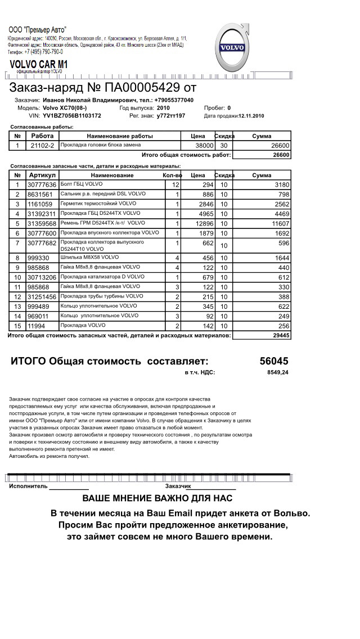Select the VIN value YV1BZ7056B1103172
click(x=72, y=115)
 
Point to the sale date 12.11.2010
click(x=251, y=115)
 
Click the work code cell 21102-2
click(x=42, y=146)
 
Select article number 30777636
click(x=42, y=184)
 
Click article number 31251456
click(x=42, y=296)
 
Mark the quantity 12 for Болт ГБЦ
click(x=175, y=184)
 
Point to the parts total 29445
click(x=280, y=335)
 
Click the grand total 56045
click(x=274, y=361)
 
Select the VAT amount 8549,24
click(x=278, y=372)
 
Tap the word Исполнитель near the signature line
click(x=28, y=485)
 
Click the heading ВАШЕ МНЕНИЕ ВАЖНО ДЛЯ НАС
click(x=157, y=498)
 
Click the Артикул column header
click(x=42, y=175)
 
